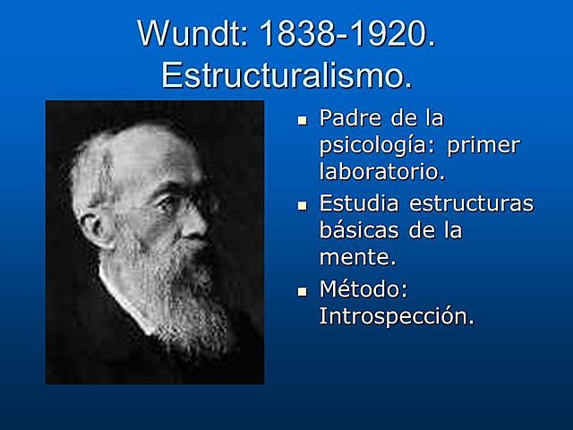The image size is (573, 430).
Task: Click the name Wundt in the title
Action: coord(192,35)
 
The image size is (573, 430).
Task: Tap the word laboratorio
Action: coord(381,170)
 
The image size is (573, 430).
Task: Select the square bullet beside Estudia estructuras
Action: coord(302,205)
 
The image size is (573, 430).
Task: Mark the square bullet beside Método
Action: coord(302,291)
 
